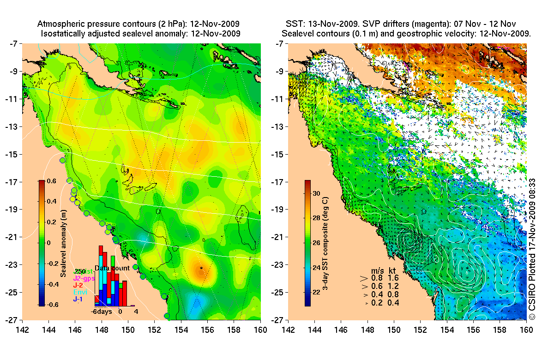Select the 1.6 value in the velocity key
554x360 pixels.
coord(394,278)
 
